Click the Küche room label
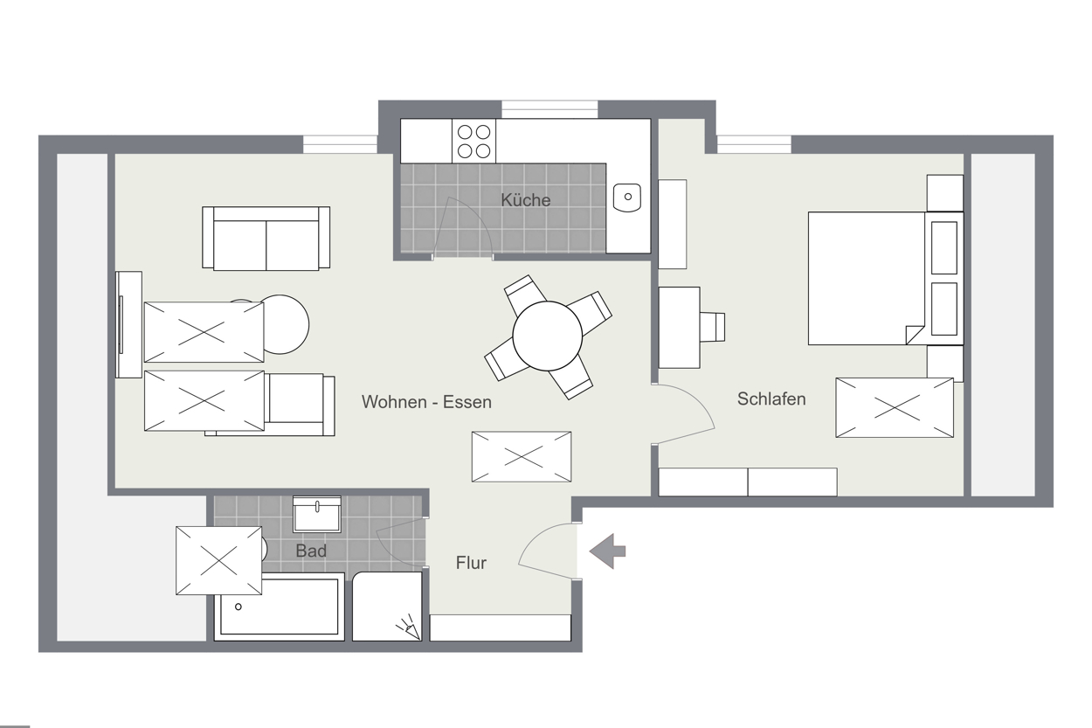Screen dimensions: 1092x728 tap(526, 200)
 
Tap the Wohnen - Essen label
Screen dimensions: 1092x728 tap(426, 402)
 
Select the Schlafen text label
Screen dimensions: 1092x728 tap(771, 399)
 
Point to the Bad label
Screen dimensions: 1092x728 tap(311, 551)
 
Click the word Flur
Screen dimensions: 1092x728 tap(471, 563)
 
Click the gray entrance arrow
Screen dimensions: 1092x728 tap(607, 551)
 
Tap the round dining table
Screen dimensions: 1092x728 tap(548, 336)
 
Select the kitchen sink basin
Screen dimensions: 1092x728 tap(627, 197)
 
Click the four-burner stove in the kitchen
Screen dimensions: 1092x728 tap(473, 142)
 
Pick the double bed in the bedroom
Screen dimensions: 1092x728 tap(886, 279)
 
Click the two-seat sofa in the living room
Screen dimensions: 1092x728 tap(266, 238)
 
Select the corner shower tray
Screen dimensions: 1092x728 tap(387, 607)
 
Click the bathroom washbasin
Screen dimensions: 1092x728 tap(317, 515)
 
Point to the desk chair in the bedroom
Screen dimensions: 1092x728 tap(712, 327)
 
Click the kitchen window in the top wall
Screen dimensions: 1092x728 tap(549, 109)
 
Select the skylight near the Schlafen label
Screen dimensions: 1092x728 tap(895, 407)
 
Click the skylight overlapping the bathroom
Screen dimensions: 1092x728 tap(219, 561)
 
